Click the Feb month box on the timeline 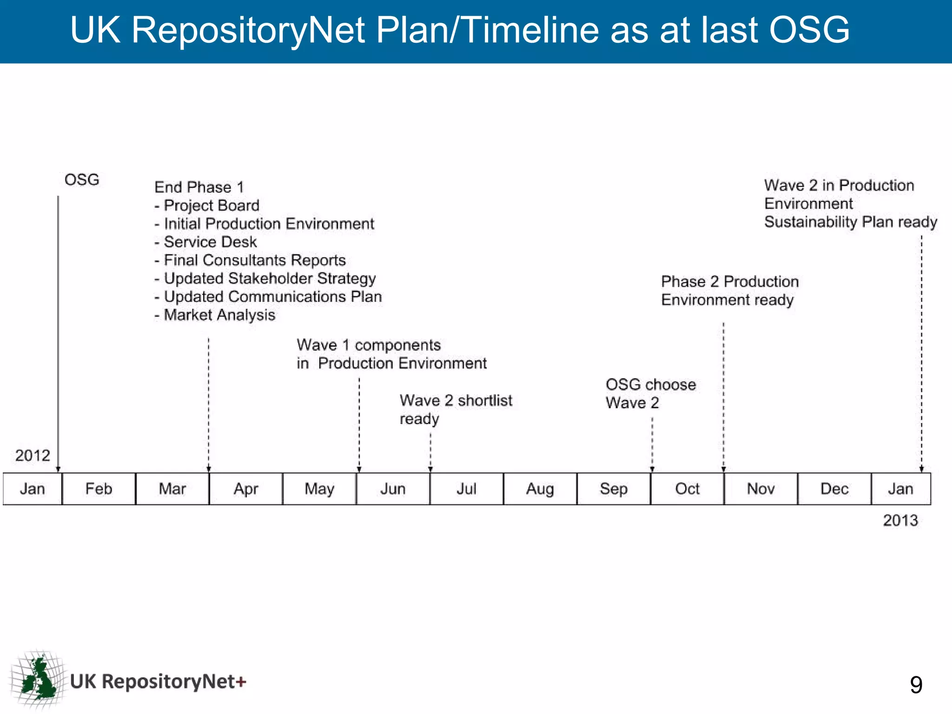[99, 489]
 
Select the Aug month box [540, 489]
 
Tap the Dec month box [834, 489]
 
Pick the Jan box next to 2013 [900, 489]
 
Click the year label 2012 [33, 455]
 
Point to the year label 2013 [900, 520]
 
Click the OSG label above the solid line [82, 179]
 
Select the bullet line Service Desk [206, 242]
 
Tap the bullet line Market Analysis [215, 315]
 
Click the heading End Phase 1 [199, 187]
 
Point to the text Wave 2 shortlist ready [456, 409]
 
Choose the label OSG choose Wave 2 [650, 393]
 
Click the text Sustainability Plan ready [851, 222]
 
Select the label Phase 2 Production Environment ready [729, 291]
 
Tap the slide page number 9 [916, 685]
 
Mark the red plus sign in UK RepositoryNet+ [241, 682]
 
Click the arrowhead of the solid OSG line [58, 469]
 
